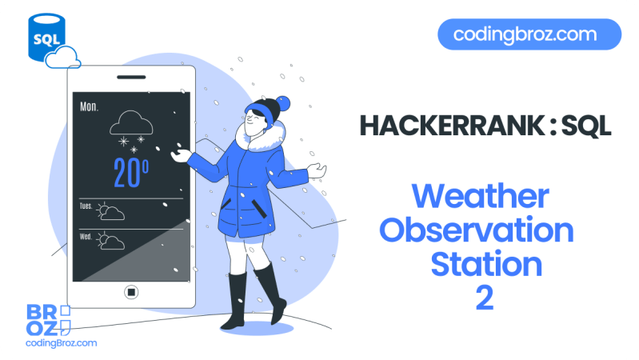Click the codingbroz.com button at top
pyautogui.click(x=529, y=34)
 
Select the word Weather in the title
pyautogui.click(x=480, y=197)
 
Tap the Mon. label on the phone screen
pyautogui.click(x=90, y=106)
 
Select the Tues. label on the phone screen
pyautogui.click(x=86, y=206)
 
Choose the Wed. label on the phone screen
pyautogui.click(x=86, y=237)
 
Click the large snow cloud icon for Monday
pyautogui.click(x=130, y=123)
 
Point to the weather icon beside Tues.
pyautogui.click(x=111, y=212)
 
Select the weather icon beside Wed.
pyautogui.click(x=111, y=242)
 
